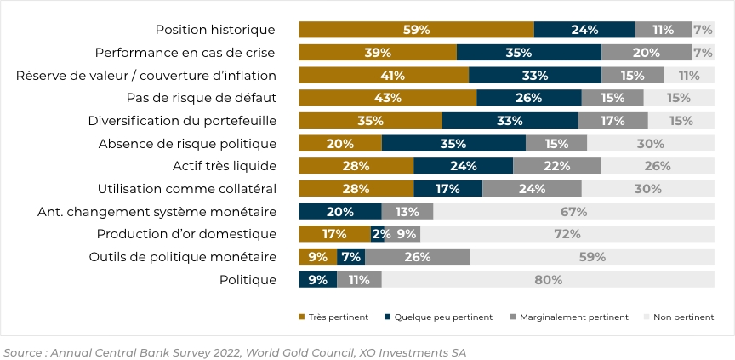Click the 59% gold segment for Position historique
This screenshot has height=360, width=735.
click(x=416, y=30)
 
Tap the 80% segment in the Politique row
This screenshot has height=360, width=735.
click(x=548, y=279)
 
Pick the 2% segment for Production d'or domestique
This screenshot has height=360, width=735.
click(x=376, y=234)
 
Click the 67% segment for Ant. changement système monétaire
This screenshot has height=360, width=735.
click(x=573, y=211)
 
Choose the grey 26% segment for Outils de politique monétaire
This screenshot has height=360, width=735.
click(x=417, y=257)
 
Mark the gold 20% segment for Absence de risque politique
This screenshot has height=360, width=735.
click(x=339, y=143)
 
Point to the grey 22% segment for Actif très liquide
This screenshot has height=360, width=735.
click(x=556, y=166)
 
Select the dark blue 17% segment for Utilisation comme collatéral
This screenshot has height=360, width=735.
click(x=447, y=189)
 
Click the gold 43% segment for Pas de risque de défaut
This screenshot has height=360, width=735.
click(x=387, y=98)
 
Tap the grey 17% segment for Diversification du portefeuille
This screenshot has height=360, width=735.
click(x=612, y=121)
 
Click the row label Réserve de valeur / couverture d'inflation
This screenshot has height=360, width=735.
click(x=146, y=76)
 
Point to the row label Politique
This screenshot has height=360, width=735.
click(x=248, y=279)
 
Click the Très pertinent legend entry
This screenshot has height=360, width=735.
click(x=333, y=317)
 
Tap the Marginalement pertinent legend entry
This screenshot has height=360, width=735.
click(x=570, y=317)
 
